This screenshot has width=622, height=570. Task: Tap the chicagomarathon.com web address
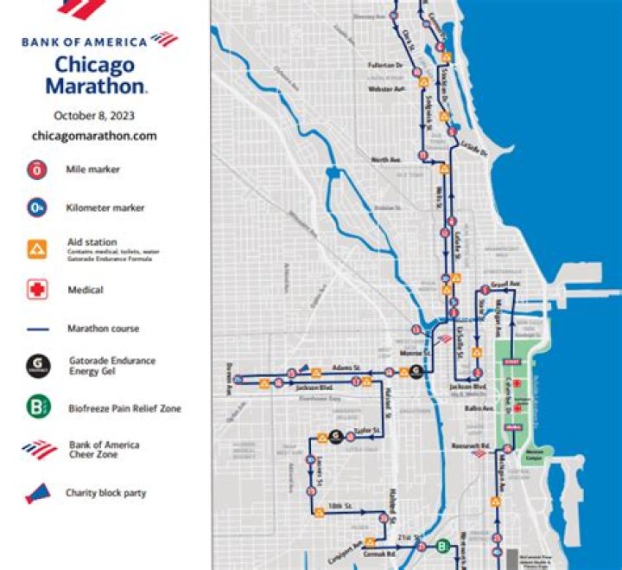(x=94, y=136)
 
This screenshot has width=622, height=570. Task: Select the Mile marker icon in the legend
(x=37, y=170)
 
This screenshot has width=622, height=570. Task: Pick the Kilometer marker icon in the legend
(x=37, y=208)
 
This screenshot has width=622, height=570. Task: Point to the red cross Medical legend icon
(x=37, y=290)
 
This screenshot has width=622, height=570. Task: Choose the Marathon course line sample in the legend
(x=37, y=329)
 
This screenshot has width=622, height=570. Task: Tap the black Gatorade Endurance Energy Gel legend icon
(x=37, y=366)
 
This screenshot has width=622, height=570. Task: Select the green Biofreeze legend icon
(x=37, y=407)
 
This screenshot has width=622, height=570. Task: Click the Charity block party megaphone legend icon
(x=37, y=493)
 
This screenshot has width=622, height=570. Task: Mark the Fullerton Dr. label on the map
(x=385, y=65)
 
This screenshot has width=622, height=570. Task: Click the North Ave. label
(x=387, y=160)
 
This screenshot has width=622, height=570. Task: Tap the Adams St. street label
(x=345, y=368)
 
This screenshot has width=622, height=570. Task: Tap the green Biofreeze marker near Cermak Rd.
(x=443, y=547)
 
